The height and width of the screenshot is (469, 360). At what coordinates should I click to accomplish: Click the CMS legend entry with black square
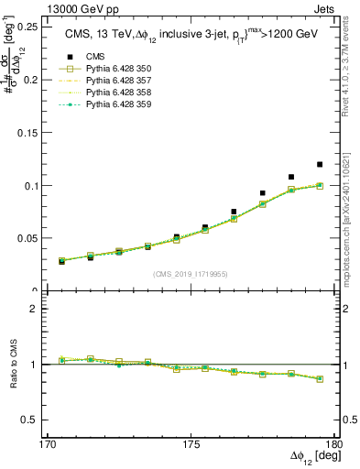84,55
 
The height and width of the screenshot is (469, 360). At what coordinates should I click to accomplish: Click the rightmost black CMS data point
320,165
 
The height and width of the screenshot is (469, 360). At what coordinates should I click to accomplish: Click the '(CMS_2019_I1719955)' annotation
191,273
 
